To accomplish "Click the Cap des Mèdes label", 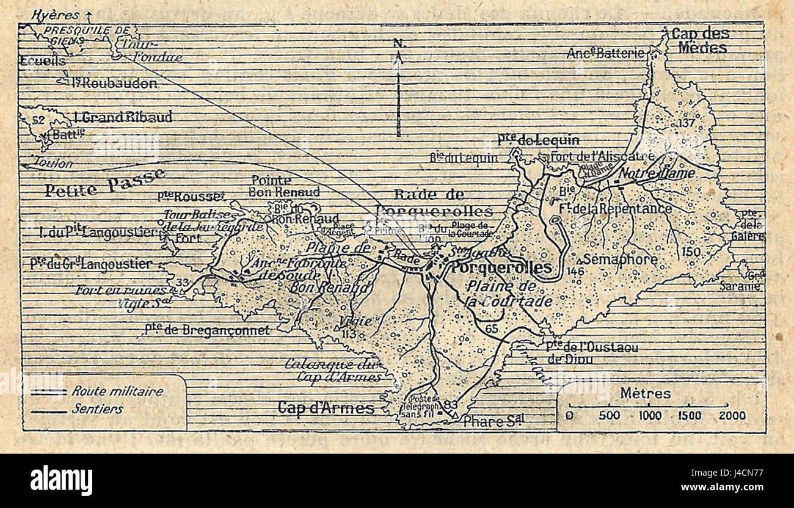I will click(700, 40).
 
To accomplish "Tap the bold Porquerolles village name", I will click(501, 267).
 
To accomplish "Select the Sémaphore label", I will click(620, 259).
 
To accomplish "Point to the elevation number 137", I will click(687, 123).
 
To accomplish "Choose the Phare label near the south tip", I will click(494, 421).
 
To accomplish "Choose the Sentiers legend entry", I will click(98, 410).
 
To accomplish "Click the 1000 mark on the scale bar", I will click(650, 416).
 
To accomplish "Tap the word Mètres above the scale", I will click(645, 393).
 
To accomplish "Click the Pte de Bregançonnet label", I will click(207, 330).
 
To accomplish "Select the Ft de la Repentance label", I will click(623, 209).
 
